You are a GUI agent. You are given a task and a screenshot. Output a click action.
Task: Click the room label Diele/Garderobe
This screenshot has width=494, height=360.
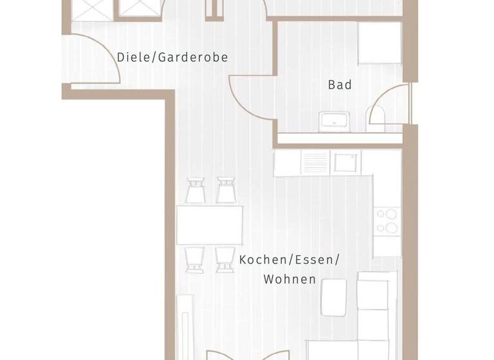pyautogui.click(x=172, y=57)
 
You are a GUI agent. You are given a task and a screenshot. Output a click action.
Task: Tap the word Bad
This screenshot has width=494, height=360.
pyautogui.click(x=340, y=84)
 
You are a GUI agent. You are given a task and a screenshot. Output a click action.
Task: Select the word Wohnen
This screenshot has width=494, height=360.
pyautogui.click(x=289, y=279)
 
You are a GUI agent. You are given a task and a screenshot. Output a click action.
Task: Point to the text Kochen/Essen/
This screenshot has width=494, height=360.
pyautogui.click(x=289, y=260)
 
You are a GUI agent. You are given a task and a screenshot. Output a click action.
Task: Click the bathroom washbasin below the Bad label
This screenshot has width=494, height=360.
pyautogui.click(x=334, y=121)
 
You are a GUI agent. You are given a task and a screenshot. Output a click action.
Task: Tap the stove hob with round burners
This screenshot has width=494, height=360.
pyautogui.click(x=388, y=221)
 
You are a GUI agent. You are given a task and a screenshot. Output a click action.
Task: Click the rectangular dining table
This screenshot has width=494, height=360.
pyautogui.click(x=210, y=224)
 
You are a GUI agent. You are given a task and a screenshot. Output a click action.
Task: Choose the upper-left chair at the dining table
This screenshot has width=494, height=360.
pyautogui.click(x=195, y=190)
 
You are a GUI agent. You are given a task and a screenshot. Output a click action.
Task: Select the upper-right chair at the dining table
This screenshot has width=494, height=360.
pyautogui.click(x=226, y=190)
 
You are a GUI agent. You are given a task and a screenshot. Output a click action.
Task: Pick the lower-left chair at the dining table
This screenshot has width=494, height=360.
pyautogui.click(x=195, y=259)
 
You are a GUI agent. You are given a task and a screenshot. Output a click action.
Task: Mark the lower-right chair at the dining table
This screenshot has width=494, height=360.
pyautogui.click(x=224, y=259)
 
